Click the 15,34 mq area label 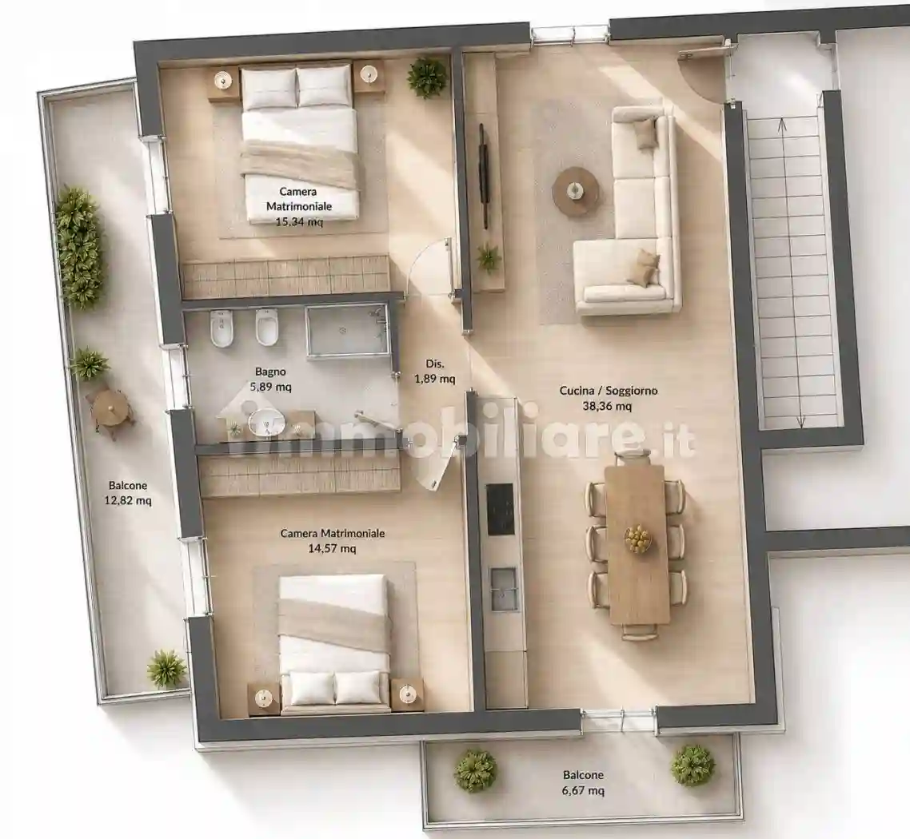pyautogui.click(x=299, y=221)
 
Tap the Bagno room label pyautogui.click(x=270, y=372)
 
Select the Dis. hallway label pyautogui.click(x=435, y=364)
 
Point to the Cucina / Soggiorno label pyautogui.click(x=609, y=391)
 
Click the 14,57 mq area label pyautogui.click(x=332, y=548)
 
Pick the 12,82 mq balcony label pyautogui.click(x=128, y=500)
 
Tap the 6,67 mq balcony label pyautogui.click(x=583, y=789)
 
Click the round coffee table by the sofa pyautogui.click(x=575, y=191)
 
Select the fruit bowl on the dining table pyautogui.click(x=638, y=538)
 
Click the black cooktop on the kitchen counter pyautogui.click(x=500, y=509)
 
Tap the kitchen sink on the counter pyautogui.click(x=503, y=589)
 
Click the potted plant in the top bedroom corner pyautogui.click(x=428, y=77)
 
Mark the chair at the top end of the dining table pyautogui.click(x=633, y=459)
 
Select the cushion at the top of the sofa pyautogui.click(x=645, y=133)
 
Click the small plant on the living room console pyautogui.click(x=489, y=258)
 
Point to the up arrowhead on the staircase pyautogui.click(x=782, y=122)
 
